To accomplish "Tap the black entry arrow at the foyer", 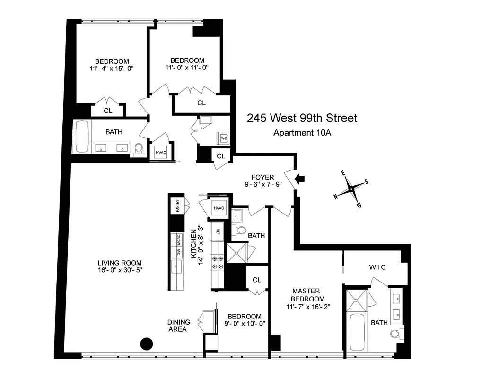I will point(300,179).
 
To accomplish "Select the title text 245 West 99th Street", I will point(302,118).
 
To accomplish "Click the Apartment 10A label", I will point(302,133).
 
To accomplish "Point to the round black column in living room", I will point(147,344).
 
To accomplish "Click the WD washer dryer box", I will point(223,138).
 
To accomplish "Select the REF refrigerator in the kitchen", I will point(218,231).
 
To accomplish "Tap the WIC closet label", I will point(377,267).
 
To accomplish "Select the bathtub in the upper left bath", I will point(82,137).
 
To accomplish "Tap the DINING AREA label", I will point(179,326).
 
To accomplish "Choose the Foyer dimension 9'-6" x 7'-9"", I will point(262,185).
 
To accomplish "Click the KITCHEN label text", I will point(193,243).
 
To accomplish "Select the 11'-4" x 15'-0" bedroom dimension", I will point(112,69).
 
